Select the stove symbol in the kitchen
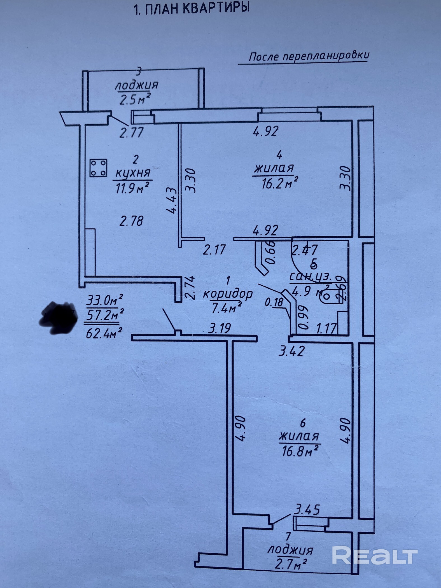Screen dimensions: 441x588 98,168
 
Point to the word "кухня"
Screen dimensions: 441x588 134,173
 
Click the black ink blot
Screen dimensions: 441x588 59,318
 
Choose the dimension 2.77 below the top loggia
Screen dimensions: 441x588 131,132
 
